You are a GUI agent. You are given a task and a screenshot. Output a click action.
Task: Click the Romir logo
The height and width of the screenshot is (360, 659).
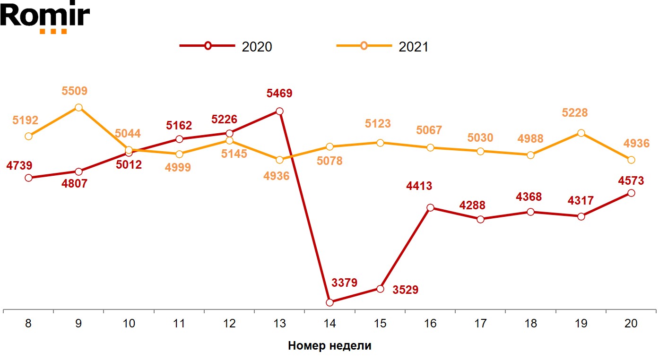45,17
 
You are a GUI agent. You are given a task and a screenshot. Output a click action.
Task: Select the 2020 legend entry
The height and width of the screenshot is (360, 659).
226,46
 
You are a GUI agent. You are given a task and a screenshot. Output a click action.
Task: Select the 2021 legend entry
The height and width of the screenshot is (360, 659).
382,46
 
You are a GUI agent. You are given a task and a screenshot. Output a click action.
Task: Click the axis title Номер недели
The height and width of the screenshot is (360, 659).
329,346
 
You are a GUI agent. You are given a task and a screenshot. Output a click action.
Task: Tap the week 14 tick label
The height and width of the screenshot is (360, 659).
329,324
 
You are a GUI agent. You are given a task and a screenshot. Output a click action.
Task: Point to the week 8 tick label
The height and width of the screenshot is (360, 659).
28,324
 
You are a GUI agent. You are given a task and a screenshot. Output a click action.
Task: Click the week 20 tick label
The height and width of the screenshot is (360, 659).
631,324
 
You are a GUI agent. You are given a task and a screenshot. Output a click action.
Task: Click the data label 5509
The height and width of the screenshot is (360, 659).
75,91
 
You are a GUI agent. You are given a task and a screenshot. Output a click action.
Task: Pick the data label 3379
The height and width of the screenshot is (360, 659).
344,283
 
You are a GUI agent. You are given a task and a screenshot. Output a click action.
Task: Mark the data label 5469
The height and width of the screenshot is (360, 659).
279,94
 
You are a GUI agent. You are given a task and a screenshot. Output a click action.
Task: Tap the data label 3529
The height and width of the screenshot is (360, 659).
406,290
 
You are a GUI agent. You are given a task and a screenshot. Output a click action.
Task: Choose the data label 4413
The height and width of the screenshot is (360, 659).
419,186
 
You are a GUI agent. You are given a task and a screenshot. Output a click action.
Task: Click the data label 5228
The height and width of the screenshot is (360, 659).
575,113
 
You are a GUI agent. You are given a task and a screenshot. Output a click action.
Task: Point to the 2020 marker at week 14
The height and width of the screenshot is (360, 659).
329,302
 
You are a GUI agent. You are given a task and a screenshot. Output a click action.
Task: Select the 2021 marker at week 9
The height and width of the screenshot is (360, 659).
78,107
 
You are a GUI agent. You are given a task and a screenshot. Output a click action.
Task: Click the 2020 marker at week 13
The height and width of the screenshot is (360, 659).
279,111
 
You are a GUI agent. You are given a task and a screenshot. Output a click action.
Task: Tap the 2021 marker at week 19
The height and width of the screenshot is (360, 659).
581,133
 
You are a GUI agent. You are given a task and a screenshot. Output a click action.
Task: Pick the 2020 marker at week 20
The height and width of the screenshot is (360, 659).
631,193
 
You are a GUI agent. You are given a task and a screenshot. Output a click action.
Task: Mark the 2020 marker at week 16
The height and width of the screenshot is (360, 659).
430,207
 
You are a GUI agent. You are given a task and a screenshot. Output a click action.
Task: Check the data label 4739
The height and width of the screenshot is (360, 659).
19,166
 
